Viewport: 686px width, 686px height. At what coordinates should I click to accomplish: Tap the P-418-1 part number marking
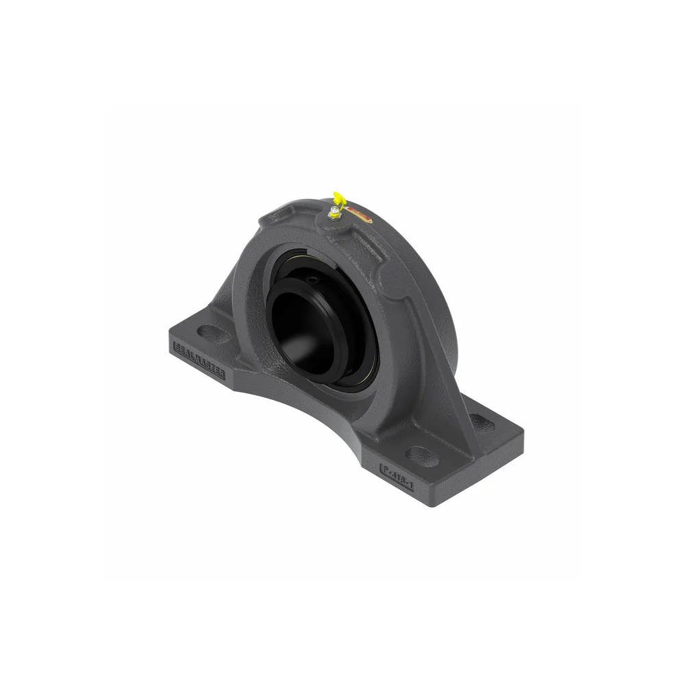pyautogui.click(x=398, y=472)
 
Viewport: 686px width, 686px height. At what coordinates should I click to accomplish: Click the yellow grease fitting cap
pyautogui.click(x=338, y=199)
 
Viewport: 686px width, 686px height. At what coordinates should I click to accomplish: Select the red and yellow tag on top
pyautogui.click(x=359, y=214)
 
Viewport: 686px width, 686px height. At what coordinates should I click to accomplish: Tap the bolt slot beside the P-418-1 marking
pyautogui.click(x=422, y=455)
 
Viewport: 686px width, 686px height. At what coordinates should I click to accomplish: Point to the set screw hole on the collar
pyautogui.click(x=315, y=279)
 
